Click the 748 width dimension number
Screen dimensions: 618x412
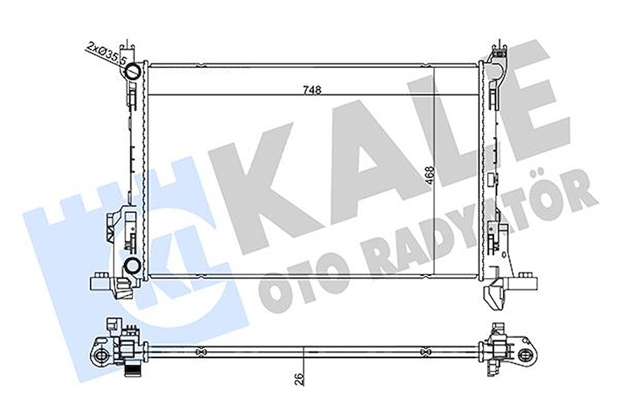coord(312,90)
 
